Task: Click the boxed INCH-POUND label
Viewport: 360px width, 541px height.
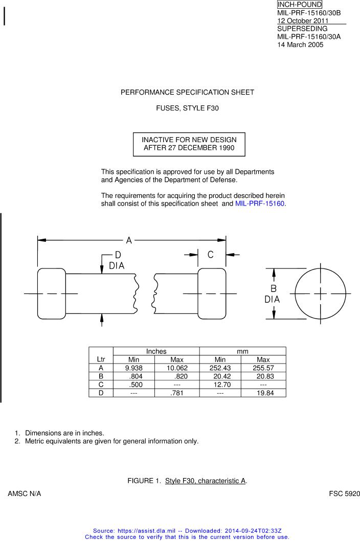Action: coord(300,5)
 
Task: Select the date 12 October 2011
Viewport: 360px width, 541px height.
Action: coord(303,21)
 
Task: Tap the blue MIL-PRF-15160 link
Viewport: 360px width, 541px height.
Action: coord(260,204)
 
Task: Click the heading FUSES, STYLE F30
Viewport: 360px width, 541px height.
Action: coord(187,108)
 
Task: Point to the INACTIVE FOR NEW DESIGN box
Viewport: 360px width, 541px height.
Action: coord(189,144)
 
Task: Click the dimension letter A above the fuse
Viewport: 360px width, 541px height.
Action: coord(129,240)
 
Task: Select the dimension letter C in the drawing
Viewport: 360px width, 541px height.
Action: coord(211,254)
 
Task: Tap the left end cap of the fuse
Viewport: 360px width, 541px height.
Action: coord(51,294)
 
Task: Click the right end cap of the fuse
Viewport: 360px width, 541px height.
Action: coord(212,294)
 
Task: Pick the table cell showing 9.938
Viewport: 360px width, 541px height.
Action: coord(133,368)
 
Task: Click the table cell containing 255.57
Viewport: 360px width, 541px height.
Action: coord(263,368)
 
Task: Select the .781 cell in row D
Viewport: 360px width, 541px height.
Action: coord(176,393)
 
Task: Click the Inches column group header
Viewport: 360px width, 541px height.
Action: coord(156,351)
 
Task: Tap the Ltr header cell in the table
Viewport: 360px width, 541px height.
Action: coord(101,359)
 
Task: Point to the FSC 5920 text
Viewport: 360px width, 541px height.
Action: coord(345,494)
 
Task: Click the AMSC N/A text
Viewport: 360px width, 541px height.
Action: coord(25,494)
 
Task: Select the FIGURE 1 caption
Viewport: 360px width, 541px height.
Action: coord(187,481)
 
